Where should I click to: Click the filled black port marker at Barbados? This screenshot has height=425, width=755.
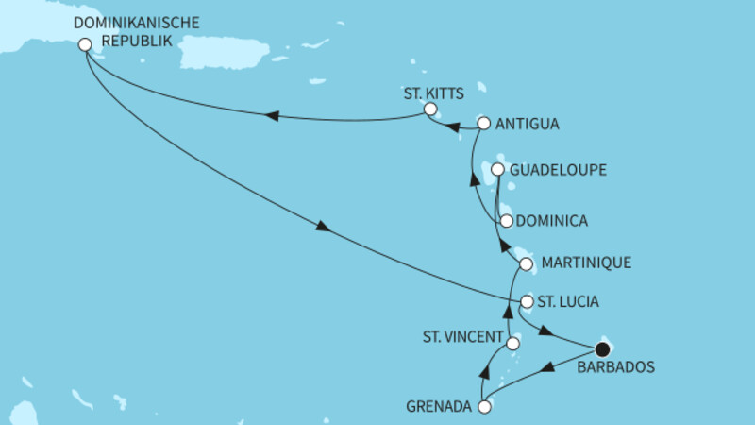pyautogui.click(x=603, y=349)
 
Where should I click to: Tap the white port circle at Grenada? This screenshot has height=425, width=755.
pyautogui.click(x=485, y=408)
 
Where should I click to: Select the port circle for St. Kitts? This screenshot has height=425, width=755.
pyautogui.click(x=429, y=110)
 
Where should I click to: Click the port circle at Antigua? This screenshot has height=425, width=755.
pyautogui.click(x=484, y=123)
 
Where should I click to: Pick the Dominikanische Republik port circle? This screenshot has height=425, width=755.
pyautogui.click(x=85, y=43)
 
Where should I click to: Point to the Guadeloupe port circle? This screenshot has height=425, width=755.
pyautogui.click(x=499, y=170)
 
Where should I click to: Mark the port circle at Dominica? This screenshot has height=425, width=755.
pyautogui.click(x=507, y=221)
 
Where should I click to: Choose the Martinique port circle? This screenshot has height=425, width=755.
pyautogui.click(x=526, y=263)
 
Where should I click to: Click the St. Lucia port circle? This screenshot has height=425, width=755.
pyautogui.click(x=527, y=302)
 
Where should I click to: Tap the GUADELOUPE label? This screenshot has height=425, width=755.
pyautogui.click(x=557, y=170)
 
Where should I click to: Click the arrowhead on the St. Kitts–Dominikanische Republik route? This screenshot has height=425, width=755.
pyautogui.click(x=272, y=116)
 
